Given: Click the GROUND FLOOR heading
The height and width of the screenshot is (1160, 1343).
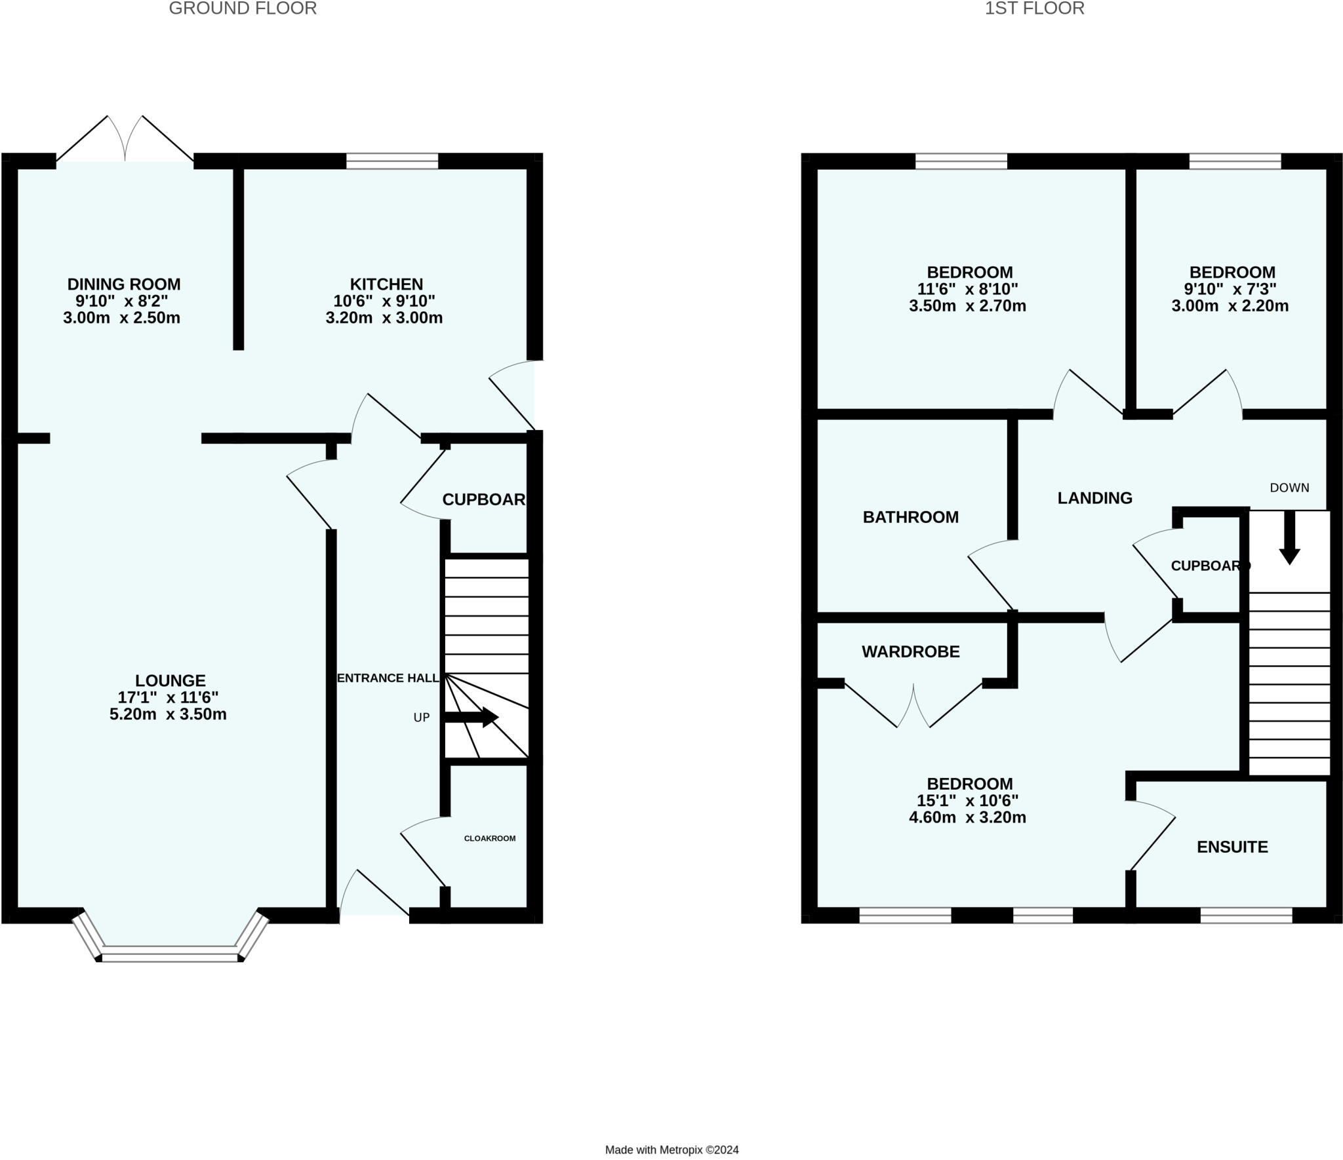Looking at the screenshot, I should [243, 9].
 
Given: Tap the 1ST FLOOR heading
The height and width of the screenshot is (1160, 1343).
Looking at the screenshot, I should [1034, 9].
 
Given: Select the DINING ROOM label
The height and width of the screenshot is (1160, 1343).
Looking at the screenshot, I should [124, 284].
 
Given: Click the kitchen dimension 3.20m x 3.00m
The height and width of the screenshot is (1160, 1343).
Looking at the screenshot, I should [384, 318].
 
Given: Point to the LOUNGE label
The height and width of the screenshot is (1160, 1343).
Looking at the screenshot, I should [170, 680].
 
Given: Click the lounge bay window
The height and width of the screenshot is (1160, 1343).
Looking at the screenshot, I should [170, 953].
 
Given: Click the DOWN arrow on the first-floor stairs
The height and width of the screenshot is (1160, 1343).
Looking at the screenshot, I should [1289, 537].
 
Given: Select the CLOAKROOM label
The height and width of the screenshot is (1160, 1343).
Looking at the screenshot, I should [490, 838].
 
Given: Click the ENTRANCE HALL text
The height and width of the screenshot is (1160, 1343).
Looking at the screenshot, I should [388, 678].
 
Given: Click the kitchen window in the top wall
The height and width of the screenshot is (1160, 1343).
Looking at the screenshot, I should [392, 161].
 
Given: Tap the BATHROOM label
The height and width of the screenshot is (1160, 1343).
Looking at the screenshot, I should [910, 517].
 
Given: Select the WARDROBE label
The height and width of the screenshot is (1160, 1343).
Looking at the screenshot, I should [910, 651].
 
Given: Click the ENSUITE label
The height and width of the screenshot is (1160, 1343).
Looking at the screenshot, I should [1232, 847].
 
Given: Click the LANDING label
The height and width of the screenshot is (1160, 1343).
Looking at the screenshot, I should [1094, 498].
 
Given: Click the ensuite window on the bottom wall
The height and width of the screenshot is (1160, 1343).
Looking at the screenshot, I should [1246, 915].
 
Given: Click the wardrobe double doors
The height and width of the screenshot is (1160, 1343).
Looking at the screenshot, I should [913, 708].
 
